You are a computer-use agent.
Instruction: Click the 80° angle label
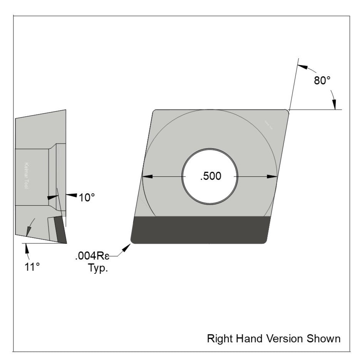tap(322, 80)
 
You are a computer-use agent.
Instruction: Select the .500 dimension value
tap(210, 176)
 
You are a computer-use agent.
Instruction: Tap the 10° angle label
tap(87, 198)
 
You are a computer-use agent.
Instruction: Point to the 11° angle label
tap(32, 267)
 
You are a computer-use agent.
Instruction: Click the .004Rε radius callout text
tap(92, 256)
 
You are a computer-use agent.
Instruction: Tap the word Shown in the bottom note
tap(324, 338)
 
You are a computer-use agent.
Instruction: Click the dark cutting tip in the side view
tap(60, 230)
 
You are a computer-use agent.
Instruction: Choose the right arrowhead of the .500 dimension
tap(272, 177)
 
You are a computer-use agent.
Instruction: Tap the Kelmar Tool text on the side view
tap(28, 175)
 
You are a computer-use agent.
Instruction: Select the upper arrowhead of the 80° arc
tap(304, 68)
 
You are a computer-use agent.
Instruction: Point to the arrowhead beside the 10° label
tap(71, 196)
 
